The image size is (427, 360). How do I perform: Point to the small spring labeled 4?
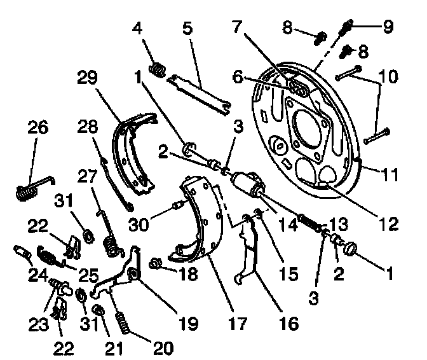[156, 66]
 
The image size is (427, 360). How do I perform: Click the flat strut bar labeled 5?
[198, 92]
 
